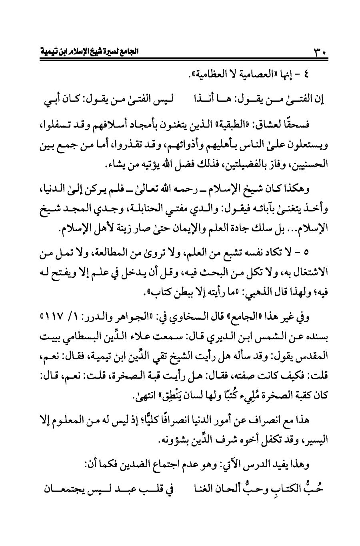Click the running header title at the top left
pyautogui.click(x=90, y=52)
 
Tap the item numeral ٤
pyautogui.click(x=319, y=75)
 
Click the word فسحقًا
pyautogui.click(x=297, y=126)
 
